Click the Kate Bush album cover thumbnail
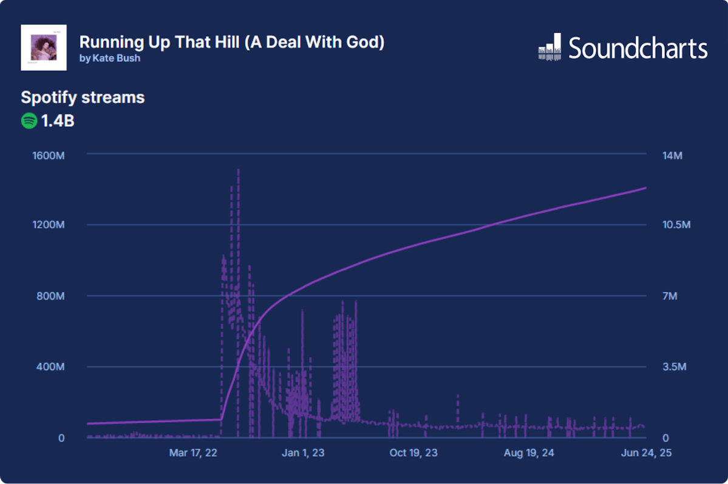click(x=44, y=47)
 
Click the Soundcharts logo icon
click(x=549, y=47)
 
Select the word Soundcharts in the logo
click(x=638, y=47)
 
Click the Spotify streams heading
click(x=83, y=97)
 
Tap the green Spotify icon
click(x=29, y=121)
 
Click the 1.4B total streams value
click(x=58, y=121)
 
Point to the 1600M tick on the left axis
click(x=48, y=155)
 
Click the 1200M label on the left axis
click(x=48, y=225)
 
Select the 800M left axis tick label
click(x=50, y=296)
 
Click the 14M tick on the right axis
click(x=672, y=155)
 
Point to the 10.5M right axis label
click(x=676, y=225)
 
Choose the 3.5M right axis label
click(x=674, y=367)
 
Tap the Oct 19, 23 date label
click(x=413, y=452)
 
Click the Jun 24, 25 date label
click(x=645, y=452)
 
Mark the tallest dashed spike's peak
click(x=238, y=169)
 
